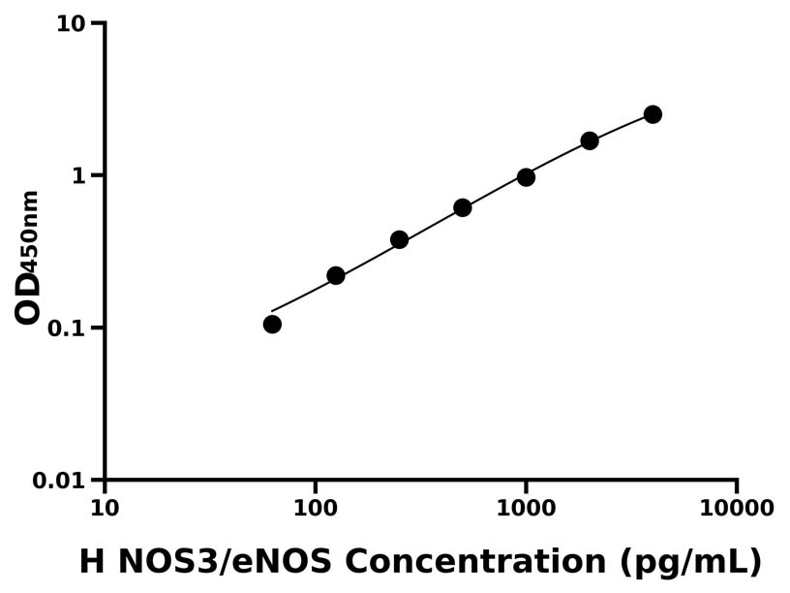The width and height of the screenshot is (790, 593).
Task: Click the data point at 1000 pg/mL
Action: [526, 177]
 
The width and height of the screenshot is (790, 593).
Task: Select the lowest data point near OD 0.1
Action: [272, 324]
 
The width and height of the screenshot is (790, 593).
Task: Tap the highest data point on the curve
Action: [653, 114]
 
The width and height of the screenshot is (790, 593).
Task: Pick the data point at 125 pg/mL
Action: [336, 275]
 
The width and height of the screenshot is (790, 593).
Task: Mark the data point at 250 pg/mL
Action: [399, 239]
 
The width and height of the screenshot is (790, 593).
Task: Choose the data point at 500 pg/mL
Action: [463, 207]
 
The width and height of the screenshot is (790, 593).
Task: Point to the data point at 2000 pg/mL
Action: [590, 140]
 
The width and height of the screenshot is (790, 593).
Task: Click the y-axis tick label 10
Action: [71, 23]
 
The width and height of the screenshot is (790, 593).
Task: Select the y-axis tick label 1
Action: [80, 176]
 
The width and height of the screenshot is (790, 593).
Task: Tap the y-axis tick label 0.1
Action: [66, 328]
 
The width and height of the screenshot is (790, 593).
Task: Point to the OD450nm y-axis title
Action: [29, 257]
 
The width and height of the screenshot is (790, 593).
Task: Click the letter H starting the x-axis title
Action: [90, 561]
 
